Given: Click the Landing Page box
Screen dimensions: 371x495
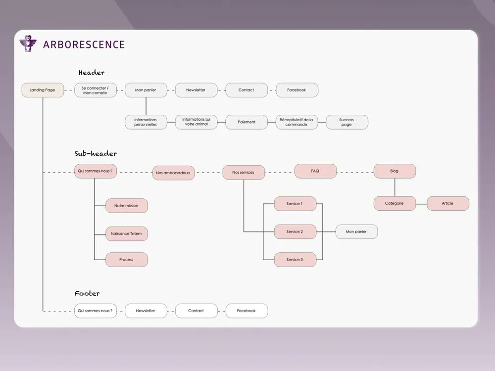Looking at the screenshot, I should [43, 90].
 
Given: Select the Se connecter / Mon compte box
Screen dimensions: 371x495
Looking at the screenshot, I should [95, 90].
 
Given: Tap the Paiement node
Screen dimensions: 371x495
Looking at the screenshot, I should [247, 122].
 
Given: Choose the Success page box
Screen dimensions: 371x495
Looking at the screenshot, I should [346, 122].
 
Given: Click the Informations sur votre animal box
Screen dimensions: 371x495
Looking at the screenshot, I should [196, 122].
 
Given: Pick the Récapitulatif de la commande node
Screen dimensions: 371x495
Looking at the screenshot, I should [297, 122].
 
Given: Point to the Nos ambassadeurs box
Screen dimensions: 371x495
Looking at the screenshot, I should [173, 173].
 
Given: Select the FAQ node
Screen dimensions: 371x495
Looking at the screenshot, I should [315, 171].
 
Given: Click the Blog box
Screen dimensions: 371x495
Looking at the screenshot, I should [395, 171].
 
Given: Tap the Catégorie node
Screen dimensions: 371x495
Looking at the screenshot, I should [395, 203].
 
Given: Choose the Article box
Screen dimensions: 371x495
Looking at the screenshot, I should [447, 203].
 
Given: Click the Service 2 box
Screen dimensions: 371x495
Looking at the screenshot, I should [295, 232].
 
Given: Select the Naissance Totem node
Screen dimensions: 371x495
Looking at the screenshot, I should [126, 233].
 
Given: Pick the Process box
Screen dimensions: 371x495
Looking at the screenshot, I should [126, 260].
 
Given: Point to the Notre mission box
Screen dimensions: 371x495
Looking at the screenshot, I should [126, 206].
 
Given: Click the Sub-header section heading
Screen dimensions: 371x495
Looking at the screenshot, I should [96, 154].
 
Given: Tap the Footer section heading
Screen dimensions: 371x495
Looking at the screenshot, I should [87, 293].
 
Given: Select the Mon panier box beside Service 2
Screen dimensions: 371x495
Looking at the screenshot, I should [356, 232].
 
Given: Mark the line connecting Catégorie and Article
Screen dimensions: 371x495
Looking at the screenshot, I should [421, 203].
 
